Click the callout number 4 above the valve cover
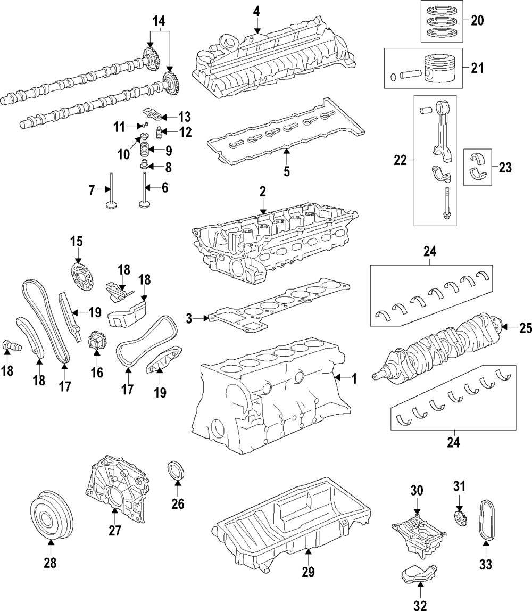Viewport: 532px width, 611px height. pos(256,11)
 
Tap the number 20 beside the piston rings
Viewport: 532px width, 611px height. pos(477,20)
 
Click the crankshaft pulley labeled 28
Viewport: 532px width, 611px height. pos(52,518)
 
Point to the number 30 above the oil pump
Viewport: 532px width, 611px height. pos(417,491)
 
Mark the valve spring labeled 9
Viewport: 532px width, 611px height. pos(145,150)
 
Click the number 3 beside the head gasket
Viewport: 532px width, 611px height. pos(189,319)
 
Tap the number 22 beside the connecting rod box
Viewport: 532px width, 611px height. pos(401,161)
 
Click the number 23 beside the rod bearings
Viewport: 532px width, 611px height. pos(505,168)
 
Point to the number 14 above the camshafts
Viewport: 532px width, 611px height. pos(159,21)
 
